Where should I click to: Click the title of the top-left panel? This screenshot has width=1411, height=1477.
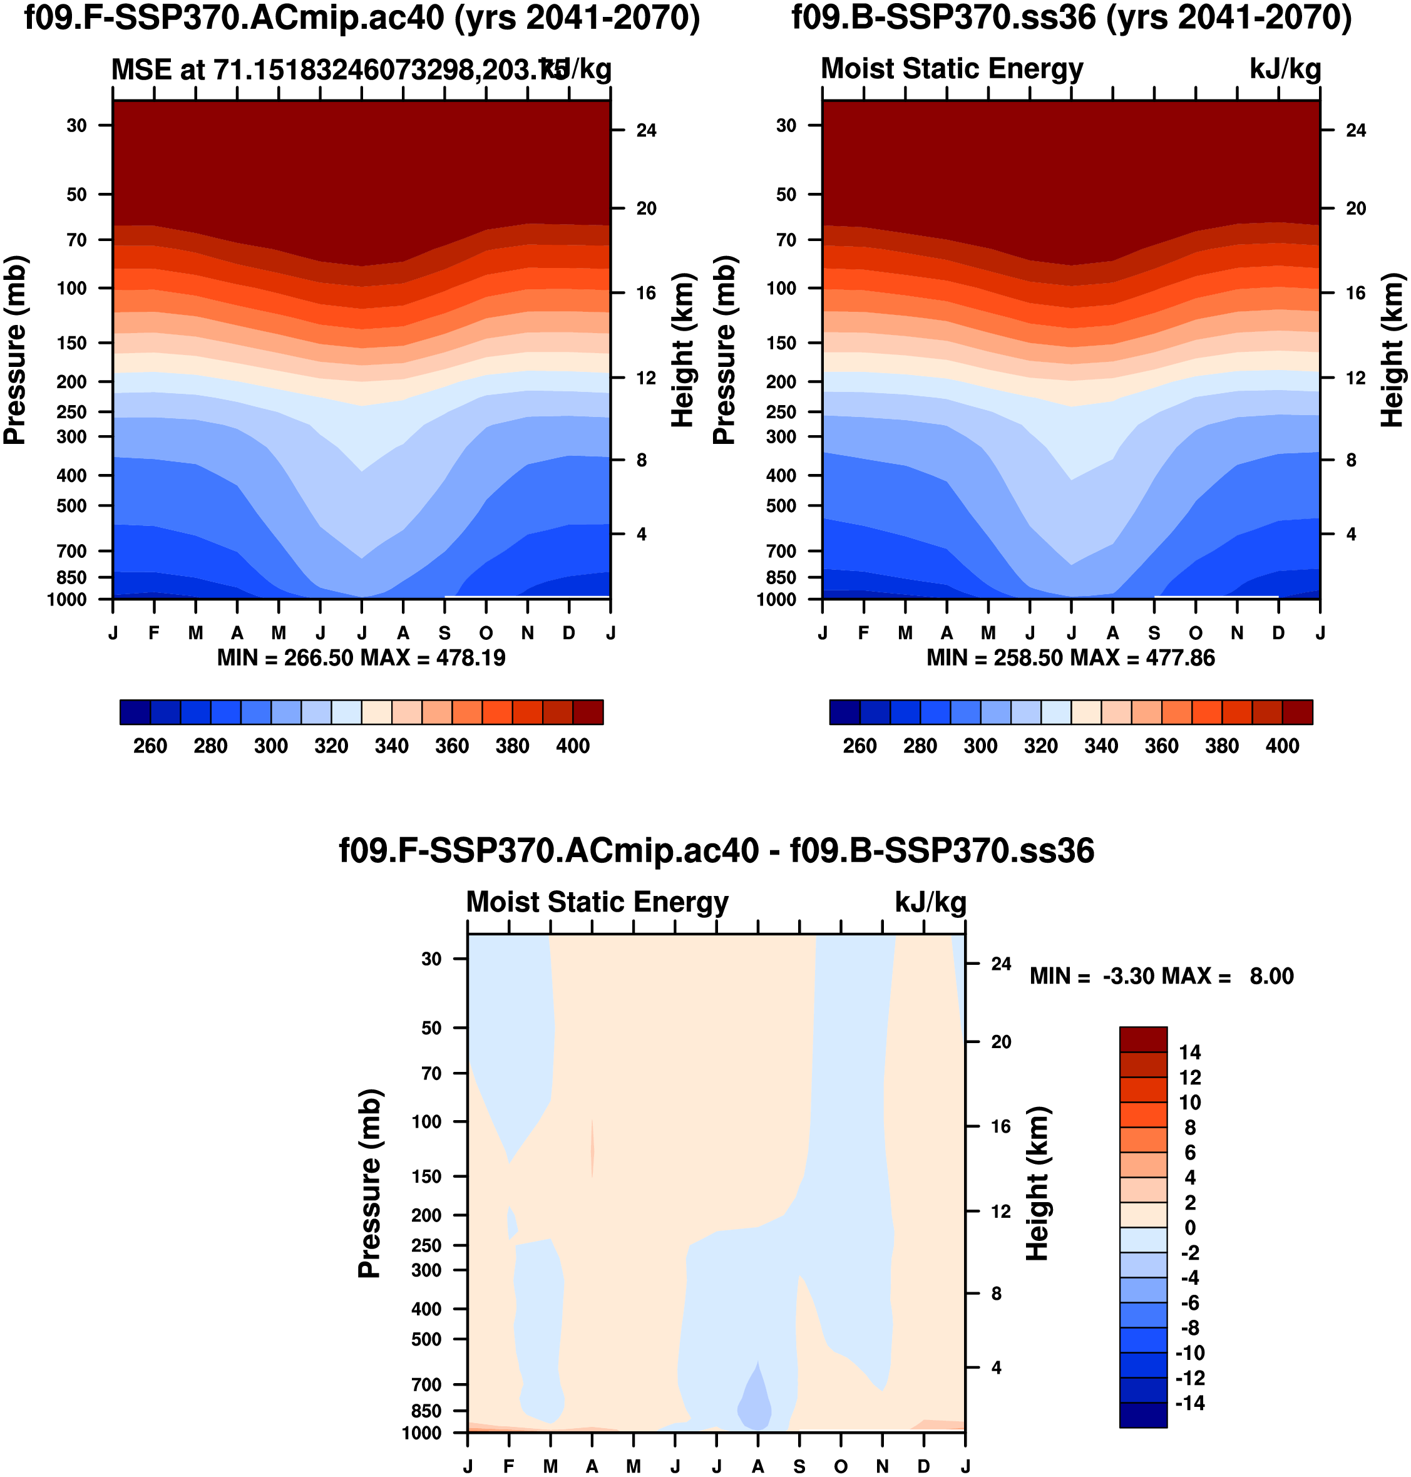pos(362,18)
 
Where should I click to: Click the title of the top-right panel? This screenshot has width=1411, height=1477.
pos(1071,18)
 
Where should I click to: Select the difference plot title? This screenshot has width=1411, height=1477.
pos(716,851)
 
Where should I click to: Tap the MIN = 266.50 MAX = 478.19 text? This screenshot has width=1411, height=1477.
pos(361,659)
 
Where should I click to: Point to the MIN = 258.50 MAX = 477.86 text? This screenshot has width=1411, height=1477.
pos(1070,659)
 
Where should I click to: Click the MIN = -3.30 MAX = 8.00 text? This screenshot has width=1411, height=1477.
pos(1161,977)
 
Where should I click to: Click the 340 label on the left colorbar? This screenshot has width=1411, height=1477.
pos(391,746)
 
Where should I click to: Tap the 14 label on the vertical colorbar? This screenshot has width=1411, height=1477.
pos(1189,1052)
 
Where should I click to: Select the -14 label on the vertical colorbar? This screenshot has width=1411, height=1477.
pos(1189,1403)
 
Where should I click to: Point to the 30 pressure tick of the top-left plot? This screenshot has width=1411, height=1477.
pos(77,126)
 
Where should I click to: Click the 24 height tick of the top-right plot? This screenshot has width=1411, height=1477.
pos(1355,131)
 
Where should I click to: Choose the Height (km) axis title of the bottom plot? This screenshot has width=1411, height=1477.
pos(1037,1183)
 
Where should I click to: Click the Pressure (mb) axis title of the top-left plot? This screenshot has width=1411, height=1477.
pos(15,351)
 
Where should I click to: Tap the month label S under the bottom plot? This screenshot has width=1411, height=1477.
pos(799,1466)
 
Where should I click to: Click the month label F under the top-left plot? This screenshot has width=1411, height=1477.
pos(154,634)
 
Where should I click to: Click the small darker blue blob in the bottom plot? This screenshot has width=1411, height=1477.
pos(754,1405)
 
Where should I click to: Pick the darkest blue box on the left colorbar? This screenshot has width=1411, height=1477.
pos(135,712)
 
